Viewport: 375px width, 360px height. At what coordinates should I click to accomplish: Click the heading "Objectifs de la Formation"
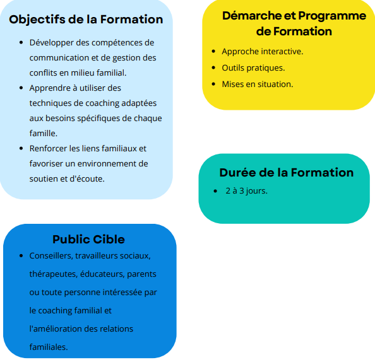pos(86,20)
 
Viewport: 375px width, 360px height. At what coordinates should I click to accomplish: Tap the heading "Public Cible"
pos(88,240)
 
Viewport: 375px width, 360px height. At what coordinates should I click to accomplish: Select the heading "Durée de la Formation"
pos(286,173)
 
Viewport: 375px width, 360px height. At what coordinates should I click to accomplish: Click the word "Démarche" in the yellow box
pos(252,16)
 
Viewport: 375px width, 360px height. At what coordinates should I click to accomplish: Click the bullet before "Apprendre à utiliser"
pos(21,88)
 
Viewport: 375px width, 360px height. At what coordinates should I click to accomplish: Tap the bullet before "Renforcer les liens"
pos(21,149)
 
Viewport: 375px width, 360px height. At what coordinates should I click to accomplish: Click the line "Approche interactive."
pos(263,52)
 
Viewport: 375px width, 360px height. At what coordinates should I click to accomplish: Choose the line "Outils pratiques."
pos(253,68)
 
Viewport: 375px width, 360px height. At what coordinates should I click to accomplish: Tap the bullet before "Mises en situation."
pos(213,84)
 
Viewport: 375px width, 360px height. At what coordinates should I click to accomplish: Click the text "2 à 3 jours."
pos(247,191)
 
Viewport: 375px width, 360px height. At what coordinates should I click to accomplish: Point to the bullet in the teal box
pos(215,191)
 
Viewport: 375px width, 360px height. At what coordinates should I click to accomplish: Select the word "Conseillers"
pos(51,256)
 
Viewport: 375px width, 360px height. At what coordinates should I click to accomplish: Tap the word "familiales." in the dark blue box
pos(49,347)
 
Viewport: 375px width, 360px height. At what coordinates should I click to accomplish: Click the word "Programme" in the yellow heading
pos(332,16)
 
